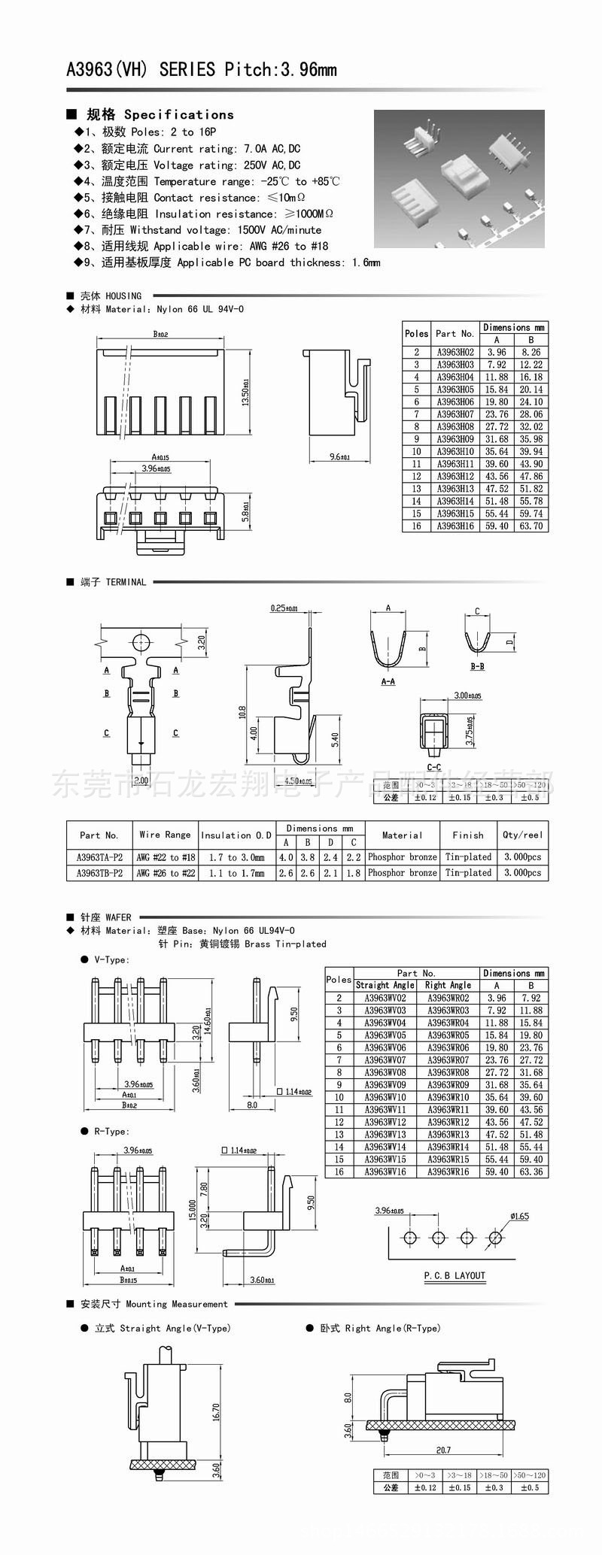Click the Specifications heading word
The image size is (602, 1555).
click(178, 115)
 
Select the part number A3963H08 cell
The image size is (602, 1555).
click(455, 426)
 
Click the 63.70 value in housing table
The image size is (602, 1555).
click(531, 526)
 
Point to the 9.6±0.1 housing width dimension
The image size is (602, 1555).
click(339, 456)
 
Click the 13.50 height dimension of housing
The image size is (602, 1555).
click(245, 393)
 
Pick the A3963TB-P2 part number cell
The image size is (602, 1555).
click(99, 873)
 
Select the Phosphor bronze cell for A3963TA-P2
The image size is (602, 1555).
click(402, 857)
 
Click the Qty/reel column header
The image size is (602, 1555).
click(522, 835)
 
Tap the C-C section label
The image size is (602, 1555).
click(433, 768)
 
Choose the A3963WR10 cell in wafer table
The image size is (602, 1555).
click(448, 1097)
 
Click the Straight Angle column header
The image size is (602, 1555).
click(385, 985)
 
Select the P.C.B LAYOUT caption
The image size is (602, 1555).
click(455, 1276)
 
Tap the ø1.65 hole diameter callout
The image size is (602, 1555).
click(519, 1216)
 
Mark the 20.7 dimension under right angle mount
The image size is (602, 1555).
click(442, 1450)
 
